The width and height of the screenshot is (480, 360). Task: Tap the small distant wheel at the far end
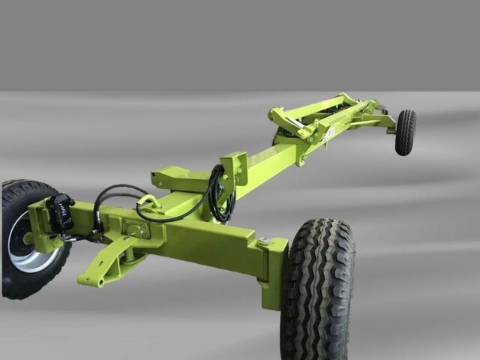tap(405, 133)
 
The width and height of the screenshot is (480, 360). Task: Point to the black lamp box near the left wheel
tap(60, 211)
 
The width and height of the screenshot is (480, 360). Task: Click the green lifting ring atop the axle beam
tap(148, 202)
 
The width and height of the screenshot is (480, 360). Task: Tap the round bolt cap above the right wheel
tap(263, 241)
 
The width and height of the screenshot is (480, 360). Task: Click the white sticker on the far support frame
tap(330, 133)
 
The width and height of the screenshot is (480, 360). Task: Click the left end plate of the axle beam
tap(41, 225)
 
